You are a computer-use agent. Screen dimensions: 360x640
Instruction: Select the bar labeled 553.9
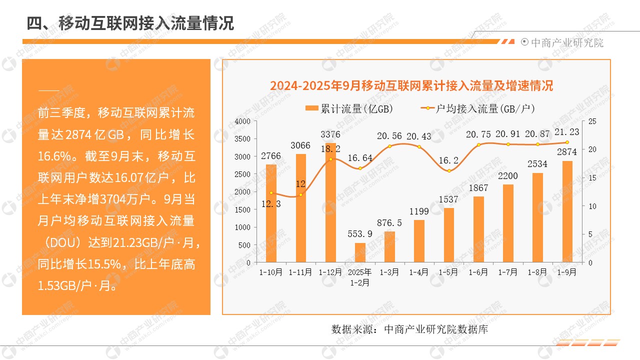point(360,252)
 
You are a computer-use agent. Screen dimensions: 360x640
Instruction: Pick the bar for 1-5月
point(448,235)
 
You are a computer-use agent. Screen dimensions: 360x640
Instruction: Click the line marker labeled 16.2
point(449,171)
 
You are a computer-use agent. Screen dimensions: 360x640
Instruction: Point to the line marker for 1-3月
point(389,146)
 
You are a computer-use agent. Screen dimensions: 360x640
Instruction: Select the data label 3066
point(300,146)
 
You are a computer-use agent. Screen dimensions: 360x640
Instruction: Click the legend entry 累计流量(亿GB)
point(349,108)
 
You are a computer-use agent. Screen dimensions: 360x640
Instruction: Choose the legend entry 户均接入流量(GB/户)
point(481,108)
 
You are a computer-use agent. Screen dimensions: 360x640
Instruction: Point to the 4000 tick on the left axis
point(242,121)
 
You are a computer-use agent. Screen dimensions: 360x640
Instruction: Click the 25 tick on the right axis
point(591,121)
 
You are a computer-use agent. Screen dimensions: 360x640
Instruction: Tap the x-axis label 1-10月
point(271,272)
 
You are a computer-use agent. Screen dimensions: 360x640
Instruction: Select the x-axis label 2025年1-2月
point(360,277)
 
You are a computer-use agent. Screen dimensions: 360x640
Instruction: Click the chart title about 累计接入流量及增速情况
point(411,85)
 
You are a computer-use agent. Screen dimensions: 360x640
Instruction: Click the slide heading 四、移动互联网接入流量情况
point(130,23)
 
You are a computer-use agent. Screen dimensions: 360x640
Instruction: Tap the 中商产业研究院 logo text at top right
point(566,43)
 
